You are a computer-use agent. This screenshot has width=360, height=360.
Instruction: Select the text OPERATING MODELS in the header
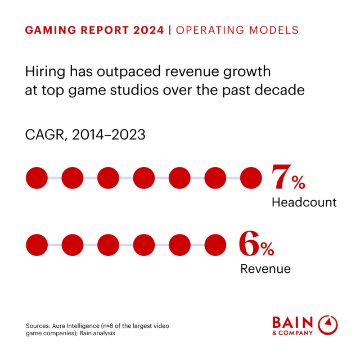[237, 30]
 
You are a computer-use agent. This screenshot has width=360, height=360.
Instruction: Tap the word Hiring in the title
[43, 72]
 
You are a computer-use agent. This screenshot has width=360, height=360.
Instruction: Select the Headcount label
[304, 202]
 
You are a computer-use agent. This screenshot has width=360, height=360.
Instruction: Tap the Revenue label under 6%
[265, 269]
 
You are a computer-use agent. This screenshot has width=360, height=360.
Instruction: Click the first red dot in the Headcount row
[37, 178]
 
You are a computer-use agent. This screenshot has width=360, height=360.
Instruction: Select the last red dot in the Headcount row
[251, 178]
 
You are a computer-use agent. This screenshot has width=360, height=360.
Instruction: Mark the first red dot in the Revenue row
[37, 245]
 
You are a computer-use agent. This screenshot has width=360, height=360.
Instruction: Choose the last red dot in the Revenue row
[215, 245]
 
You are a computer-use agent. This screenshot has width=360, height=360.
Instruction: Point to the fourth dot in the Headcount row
[144, 178]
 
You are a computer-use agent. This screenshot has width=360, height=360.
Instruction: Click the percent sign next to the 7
[299, 183]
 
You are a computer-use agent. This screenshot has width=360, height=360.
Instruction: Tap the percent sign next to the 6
[267, 249]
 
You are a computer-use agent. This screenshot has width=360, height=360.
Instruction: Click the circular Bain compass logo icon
[328, 325]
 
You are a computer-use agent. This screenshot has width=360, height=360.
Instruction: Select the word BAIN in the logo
[292, 322]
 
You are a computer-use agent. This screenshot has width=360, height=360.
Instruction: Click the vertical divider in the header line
[170, 30]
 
